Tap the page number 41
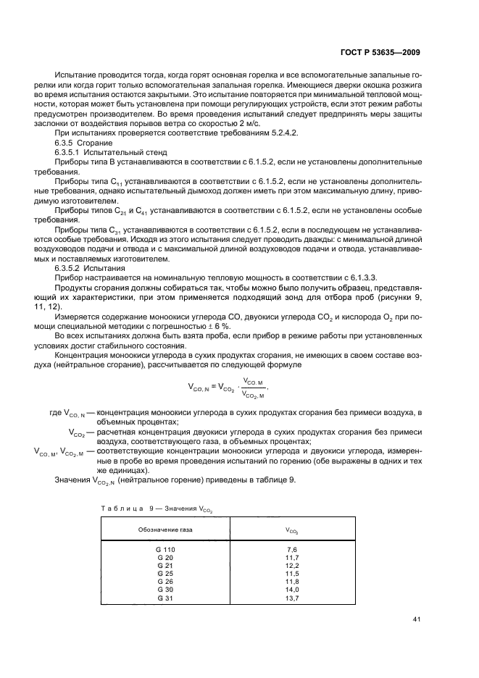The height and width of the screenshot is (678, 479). click(416, 619)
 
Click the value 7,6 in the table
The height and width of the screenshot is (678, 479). click(292, 550)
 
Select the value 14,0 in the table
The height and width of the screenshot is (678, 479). click(292, 590)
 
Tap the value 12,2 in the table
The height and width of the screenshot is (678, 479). click(292, 566)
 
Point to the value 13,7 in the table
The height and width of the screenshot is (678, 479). click(292, 598)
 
